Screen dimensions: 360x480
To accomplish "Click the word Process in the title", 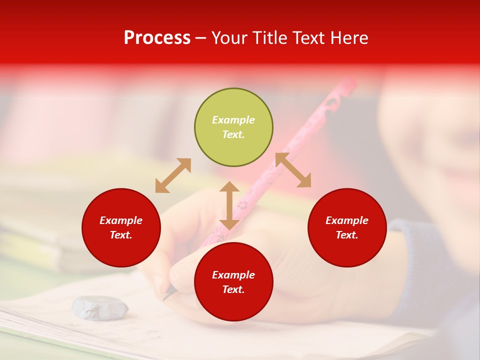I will coord(157,38).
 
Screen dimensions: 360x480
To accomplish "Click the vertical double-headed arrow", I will coord(229,205).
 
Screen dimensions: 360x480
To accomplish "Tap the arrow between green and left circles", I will coord(173,175).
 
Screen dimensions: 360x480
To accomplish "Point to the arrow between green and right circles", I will coord(293,170).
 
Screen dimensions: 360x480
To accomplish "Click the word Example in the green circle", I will coord(233,120).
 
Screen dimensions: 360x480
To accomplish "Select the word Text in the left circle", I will coord(120,235).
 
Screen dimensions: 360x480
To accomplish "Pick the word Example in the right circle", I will coord(347,220).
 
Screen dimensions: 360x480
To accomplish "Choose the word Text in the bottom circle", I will coord(233,289).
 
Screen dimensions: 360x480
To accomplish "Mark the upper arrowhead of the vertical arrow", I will coord(229,187).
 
